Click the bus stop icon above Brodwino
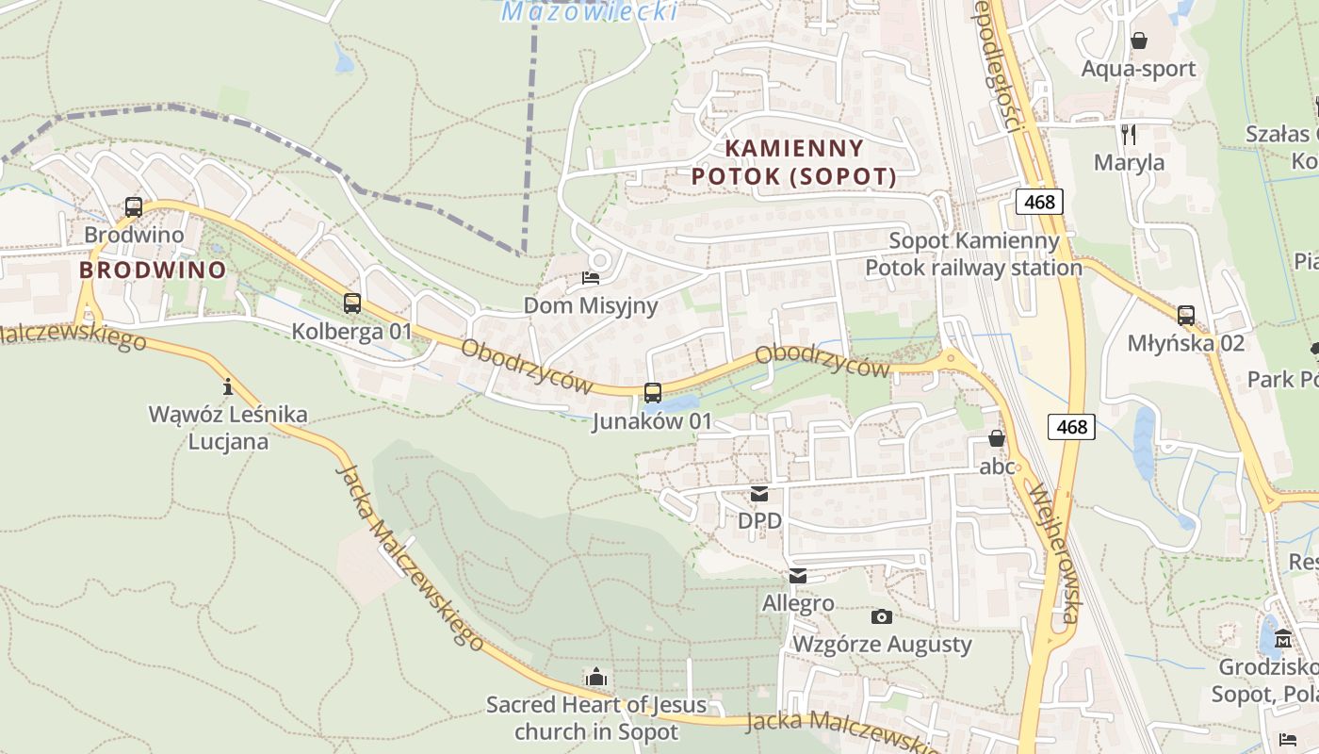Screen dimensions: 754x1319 [134, 207]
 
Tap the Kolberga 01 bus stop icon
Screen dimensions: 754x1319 [352, 303]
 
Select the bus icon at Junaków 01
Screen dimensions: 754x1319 [652, 393]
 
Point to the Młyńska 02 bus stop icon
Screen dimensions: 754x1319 [1186, 316]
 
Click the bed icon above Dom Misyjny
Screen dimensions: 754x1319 [591, 278]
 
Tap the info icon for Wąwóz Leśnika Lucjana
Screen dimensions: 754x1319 [227, 386]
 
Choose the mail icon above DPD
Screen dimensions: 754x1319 [759, 493]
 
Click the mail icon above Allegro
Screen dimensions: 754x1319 [798, 576]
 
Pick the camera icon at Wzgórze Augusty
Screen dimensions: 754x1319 [882, 616]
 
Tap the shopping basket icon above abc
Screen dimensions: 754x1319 [997, 438]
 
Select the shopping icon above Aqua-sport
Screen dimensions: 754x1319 [1139, 41]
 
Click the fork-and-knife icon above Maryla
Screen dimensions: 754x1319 [1129, 134]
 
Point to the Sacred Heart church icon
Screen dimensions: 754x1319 [595, 677]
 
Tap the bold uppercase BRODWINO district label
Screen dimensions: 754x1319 [153, 270]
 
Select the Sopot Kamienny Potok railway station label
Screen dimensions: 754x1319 [973, 254]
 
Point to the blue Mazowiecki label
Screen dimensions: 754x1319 [589, 11]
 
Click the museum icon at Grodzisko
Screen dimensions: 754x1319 [1282, 640]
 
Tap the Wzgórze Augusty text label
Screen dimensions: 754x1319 [882, 645]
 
